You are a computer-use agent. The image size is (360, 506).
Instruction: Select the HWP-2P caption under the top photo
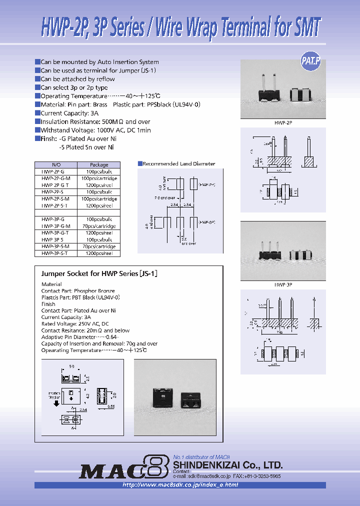click(282, 122)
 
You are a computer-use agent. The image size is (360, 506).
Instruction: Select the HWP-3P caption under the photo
click(282, 284)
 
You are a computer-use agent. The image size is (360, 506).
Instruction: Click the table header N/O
click(55, 164)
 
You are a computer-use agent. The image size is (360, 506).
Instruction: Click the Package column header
click(98, 164)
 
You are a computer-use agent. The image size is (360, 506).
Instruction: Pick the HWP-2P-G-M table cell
click(55, 178)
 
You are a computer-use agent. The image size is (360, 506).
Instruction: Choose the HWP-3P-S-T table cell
click(55, 253)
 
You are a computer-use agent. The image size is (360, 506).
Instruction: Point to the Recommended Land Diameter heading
click(178, 163)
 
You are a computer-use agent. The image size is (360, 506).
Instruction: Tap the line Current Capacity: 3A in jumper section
click(66, 317)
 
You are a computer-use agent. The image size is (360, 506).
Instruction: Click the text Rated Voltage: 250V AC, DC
click(74, 324)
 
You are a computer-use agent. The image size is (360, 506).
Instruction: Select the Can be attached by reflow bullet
click(77, 79)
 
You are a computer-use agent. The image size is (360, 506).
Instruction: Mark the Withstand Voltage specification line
click(95, 130)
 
